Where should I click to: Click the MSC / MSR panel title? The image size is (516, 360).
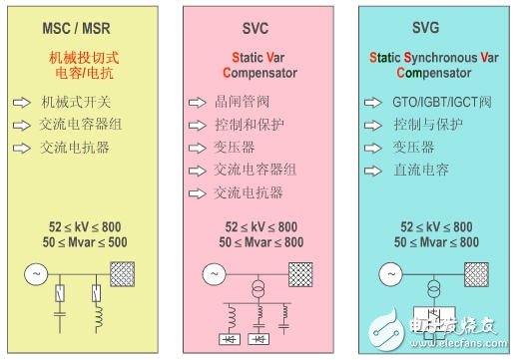pos(85,28)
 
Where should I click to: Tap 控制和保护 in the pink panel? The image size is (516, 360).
pos(248,125)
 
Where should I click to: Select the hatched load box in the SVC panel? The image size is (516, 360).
pos(301,271)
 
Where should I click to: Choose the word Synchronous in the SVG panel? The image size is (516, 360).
pos(445,58)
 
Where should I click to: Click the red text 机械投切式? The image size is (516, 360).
pos(86,58)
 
